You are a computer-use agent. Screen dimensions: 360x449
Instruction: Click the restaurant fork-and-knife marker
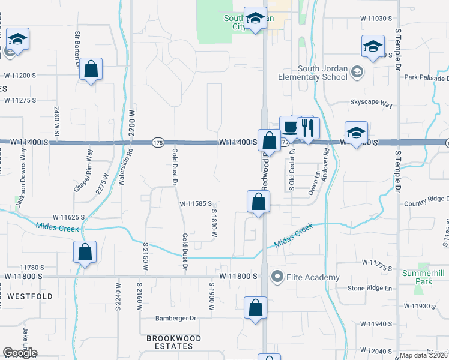tap(308, 129)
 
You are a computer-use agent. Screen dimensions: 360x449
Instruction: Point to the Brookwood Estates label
tap(173, 338)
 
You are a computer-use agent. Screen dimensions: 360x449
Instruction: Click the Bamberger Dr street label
tap(176, 319)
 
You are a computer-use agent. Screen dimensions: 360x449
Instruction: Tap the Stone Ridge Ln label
tap(369, 289)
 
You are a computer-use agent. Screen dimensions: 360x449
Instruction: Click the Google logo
tap(20, 353)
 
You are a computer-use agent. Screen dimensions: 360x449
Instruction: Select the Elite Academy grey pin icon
tap(277, 277)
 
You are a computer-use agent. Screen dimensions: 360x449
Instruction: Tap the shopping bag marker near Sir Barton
tap(91, 70)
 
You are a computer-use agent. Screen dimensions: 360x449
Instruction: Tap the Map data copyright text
tap(423, 355)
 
